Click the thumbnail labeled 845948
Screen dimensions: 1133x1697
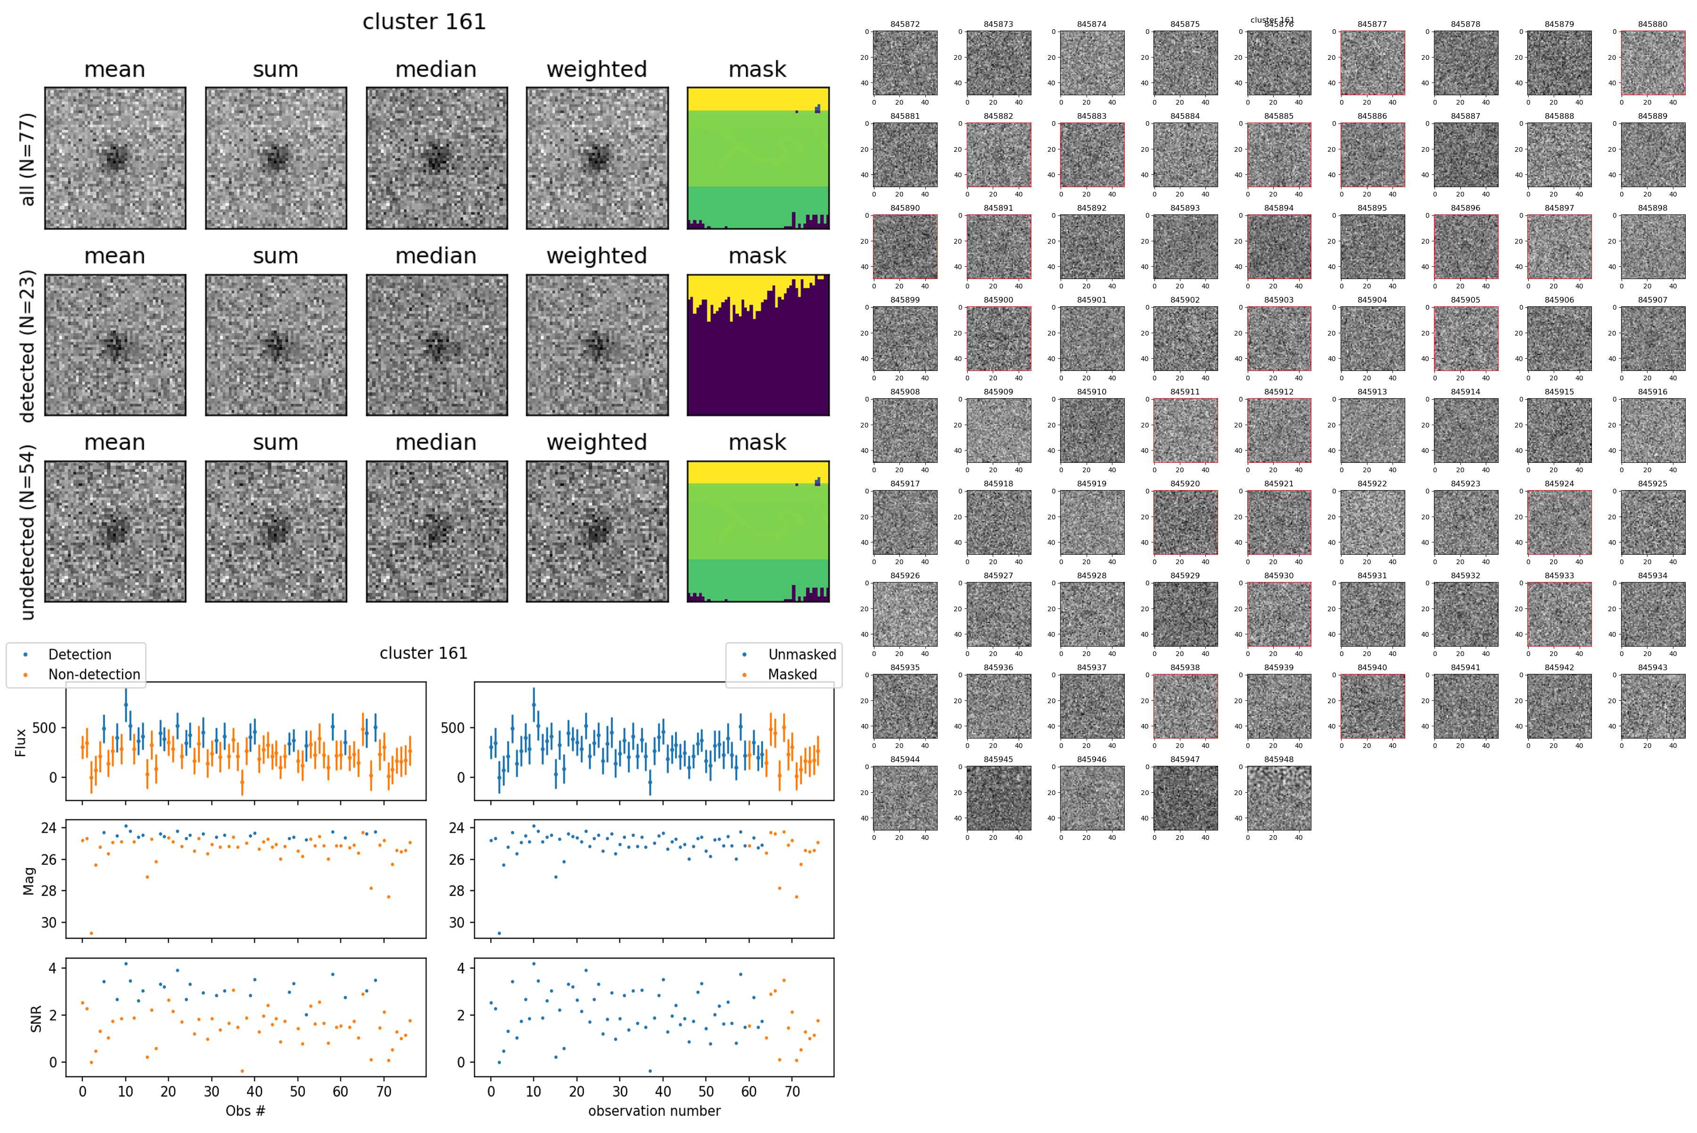click(1278, 798)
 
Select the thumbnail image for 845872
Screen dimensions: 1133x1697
click(905, 63)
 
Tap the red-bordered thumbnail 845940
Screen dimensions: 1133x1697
click(1373, 706)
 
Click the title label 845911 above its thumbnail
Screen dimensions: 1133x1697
click(1185, 392)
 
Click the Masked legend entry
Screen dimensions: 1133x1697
click(792, 674)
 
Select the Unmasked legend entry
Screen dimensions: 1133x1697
click(801, 655)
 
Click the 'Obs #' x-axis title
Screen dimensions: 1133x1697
click(246, 1110)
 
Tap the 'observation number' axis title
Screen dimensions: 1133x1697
click(654, 1110)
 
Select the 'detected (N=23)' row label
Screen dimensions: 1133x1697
click(27, 345)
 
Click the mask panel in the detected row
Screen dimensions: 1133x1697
click(758, 345)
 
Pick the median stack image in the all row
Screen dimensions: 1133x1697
click(437, 158)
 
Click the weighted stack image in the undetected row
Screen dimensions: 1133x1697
click(597, 531)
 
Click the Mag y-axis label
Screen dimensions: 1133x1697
click(29, 881)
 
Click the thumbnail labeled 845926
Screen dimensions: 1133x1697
click(905, 614)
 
